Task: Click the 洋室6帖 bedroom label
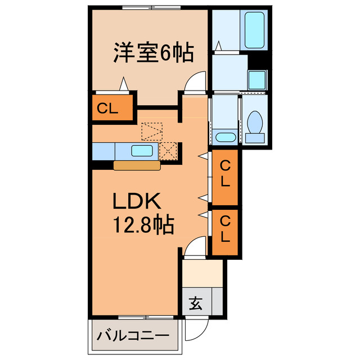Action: tap(153, 54)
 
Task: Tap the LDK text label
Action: tap(138, 201)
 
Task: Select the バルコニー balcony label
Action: tap(133, 337)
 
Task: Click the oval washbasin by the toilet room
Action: tap(226, 137)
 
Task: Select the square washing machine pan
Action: tap(258, 79)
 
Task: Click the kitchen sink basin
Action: tap(142, 150)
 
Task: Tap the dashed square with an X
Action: tap(168, 150)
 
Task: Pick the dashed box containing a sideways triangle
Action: tap(151, 131)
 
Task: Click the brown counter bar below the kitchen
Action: tap(137, 165)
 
